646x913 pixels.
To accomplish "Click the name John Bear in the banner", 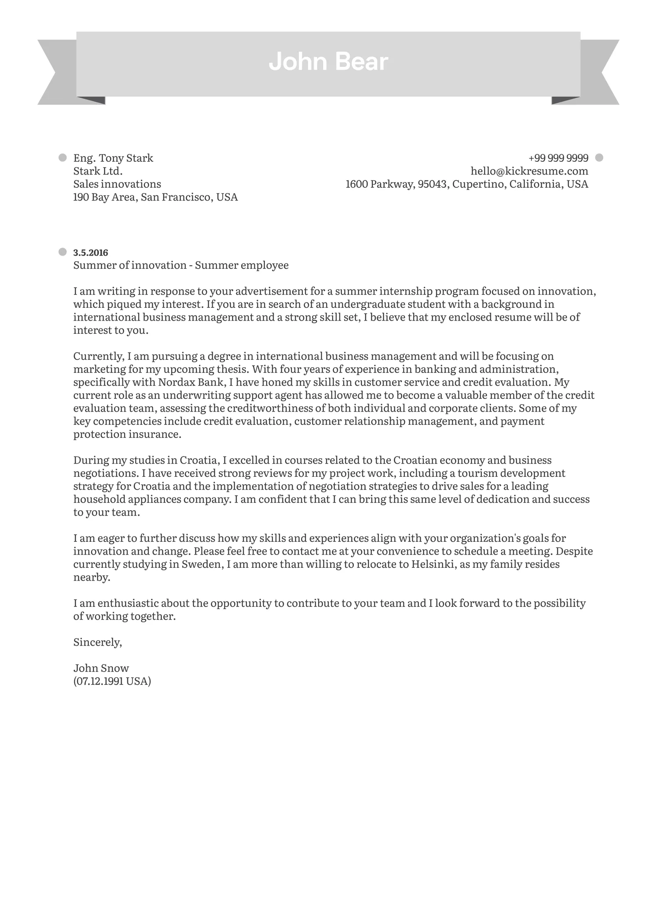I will pos(328,62).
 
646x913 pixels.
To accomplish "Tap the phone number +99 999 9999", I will pos(558,158).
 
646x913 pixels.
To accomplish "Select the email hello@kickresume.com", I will pos(529,171).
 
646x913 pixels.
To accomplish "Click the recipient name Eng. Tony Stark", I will pos(113,158).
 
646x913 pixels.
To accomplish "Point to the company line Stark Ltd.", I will pos(98,171).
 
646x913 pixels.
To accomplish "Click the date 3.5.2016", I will pos(91,252).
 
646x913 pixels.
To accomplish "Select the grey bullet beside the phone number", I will pos(598,157).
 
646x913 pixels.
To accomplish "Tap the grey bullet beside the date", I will pos(62,252).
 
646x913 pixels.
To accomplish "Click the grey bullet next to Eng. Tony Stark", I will pos(62,157).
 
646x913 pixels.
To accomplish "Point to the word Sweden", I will pos(200,564).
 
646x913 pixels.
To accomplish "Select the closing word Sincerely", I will pos(97,642).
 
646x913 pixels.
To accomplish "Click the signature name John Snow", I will pos(101,668).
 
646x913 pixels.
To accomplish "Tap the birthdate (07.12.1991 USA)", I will pos(112,681).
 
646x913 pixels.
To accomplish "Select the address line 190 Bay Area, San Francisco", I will pos(155,197).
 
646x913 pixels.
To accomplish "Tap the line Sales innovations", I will pos(117,184).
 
